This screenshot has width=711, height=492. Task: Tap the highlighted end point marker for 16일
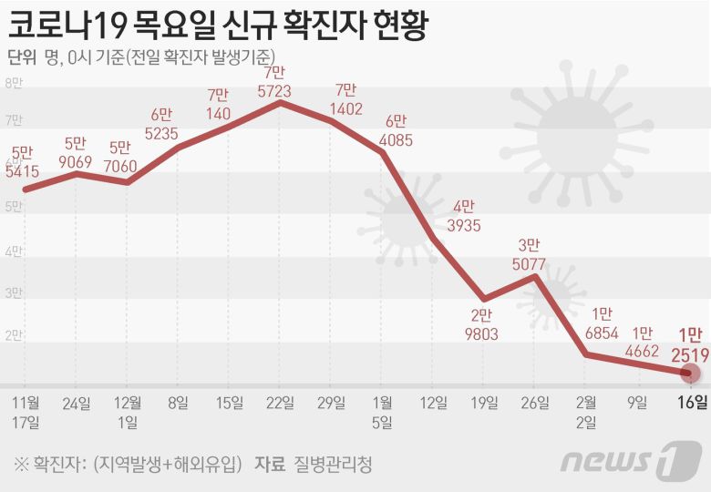pyautogui.click(x=691, y=373)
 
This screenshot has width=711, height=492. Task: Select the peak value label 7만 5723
pyautogui.click(x=273, y=81)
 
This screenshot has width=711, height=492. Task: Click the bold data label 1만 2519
pyautogui.click(x=689, y=343)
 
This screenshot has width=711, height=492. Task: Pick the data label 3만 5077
pyautogui.click(x=530, y=256)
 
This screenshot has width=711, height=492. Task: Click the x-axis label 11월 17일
pyautogui.click(x=26, y=411)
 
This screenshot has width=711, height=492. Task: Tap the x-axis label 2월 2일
pyautogui.click(x=587, y=411)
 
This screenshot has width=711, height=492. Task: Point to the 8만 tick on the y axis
pyautogui.click(x=14, y=84)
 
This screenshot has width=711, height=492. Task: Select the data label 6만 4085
pyautogui.click(x=397, y=130)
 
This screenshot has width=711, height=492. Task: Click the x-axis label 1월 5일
pyautogui.click(x=382, y=411)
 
